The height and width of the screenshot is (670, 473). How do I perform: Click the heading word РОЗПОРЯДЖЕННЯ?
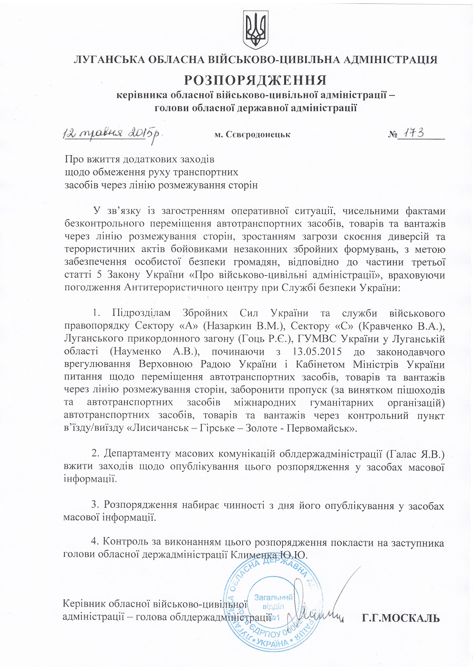click(x=256, y=79)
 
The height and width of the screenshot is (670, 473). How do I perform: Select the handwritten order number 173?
click(x=411, y=134)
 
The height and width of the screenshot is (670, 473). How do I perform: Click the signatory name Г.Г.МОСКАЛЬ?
click(x=400, y=619)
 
